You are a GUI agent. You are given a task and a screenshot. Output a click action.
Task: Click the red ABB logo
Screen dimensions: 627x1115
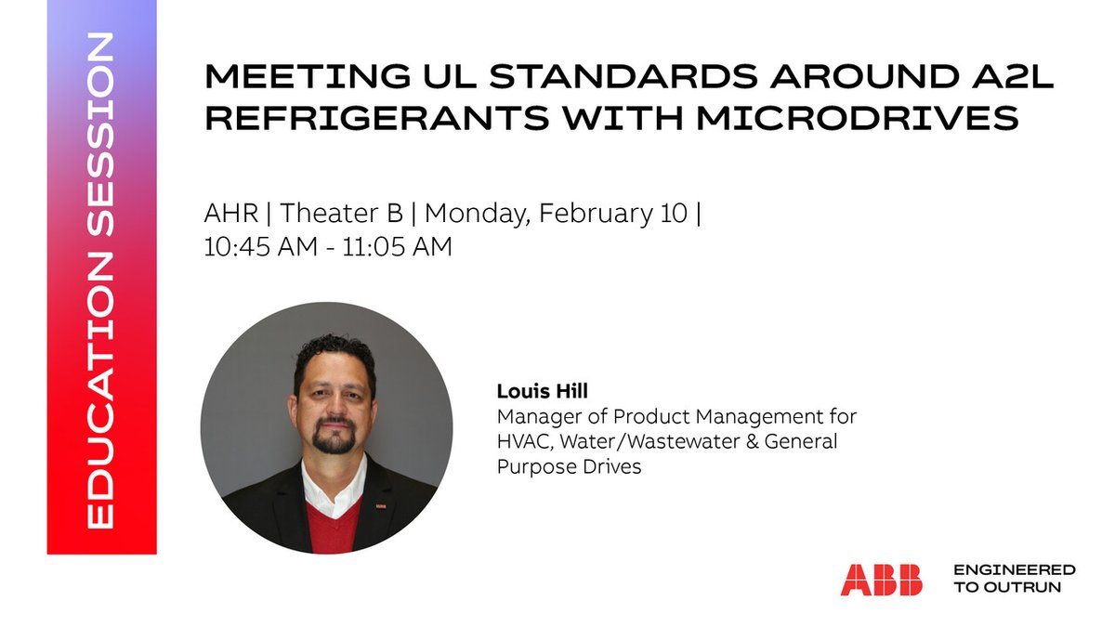[881, 580]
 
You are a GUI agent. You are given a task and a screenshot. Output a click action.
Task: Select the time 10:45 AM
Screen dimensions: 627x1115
[263, 247]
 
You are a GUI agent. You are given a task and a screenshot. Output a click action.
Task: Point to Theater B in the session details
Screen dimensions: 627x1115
[342, 213]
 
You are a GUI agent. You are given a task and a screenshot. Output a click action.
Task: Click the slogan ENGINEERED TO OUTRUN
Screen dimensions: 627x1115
[1014, 578]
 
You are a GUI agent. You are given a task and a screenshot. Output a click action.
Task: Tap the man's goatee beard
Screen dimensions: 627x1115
[334, 441]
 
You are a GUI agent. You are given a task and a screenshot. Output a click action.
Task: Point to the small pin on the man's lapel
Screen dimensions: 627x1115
[380, 507]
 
